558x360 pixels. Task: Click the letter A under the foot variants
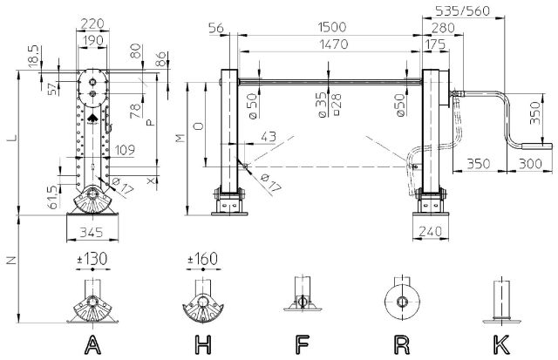point(91,345)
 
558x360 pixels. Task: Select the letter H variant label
point(203,345)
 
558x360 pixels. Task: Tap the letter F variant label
point(302,345)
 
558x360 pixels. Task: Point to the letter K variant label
point(501,345)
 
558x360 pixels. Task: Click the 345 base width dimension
point(91,232)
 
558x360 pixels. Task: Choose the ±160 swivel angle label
point(203,258)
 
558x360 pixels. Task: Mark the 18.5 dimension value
point(32,54)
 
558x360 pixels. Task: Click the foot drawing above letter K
point(501,302)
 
